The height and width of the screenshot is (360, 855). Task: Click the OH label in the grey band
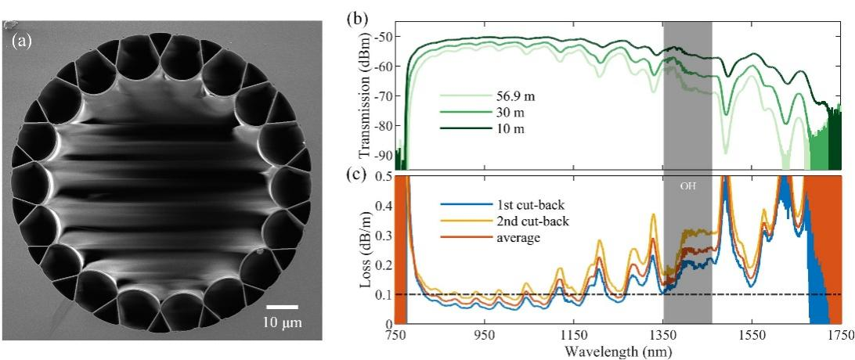coord(687,187)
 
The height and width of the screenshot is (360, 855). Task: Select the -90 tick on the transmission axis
coord(383,154)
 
